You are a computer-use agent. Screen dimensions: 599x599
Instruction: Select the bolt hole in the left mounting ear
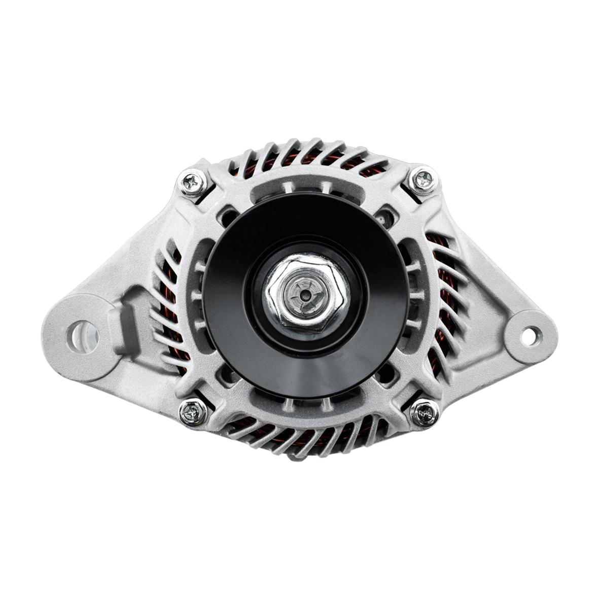(x=82, y=334)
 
